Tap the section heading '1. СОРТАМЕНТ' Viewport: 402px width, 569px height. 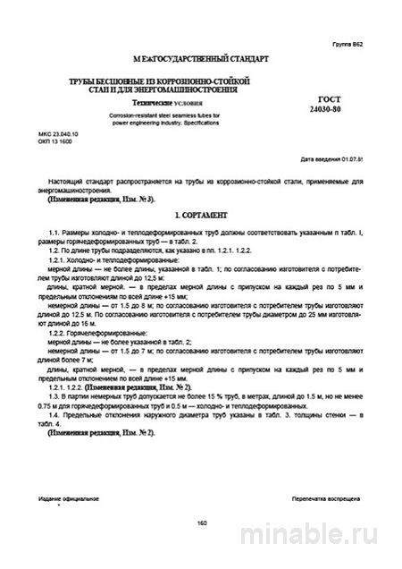[x=201, y=215]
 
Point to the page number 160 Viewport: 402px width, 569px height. [x=200, y=522]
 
